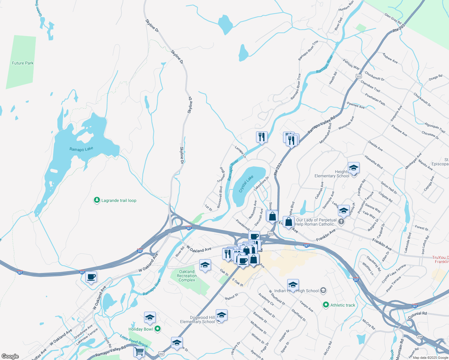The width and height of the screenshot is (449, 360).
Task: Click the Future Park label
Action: pos(23,63)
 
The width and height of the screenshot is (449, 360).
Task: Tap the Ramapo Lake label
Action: pos(81,149)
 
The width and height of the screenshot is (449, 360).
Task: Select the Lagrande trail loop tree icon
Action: pos(97,200)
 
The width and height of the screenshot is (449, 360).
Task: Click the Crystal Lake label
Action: pos(246,184)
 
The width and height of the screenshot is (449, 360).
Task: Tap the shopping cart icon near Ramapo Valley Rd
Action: pos(139,351)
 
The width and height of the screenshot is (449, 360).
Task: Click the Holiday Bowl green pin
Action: pos(158,329)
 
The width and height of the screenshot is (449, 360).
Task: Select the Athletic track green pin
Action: pos(326,305)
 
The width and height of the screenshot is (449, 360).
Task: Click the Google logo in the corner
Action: pos(10,356)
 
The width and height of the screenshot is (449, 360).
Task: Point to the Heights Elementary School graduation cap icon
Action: pos(354,168)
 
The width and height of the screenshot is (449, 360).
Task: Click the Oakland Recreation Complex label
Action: pos(187,276)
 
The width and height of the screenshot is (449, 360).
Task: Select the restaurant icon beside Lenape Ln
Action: pos(262,137)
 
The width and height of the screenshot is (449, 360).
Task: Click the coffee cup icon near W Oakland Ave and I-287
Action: pos(91,277)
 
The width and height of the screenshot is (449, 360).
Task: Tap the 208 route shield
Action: pos(420,336)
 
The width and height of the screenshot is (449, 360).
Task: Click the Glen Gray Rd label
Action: pos(393,19)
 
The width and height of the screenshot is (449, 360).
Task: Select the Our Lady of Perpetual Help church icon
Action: pos(341,222)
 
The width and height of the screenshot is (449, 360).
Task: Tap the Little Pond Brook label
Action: pos(134,341)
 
